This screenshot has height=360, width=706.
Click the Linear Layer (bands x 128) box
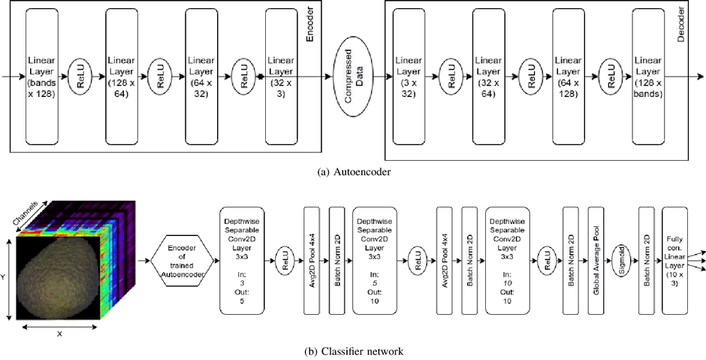(x=47, y=77)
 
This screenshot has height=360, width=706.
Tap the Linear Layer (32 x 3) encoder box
(x=281, y=77)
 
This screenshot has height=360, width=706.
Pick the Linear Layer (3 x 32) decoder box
(x=409, y=77)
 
